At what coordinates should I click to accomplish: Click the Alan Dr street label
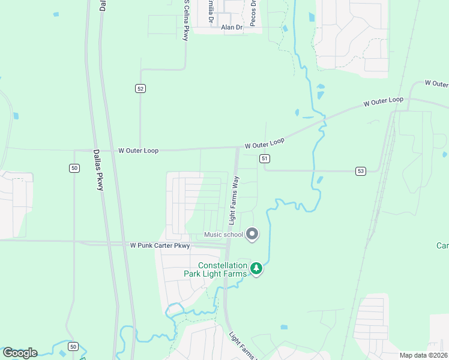(232, 28)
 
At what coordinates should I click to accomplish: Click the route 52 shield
(140, 88)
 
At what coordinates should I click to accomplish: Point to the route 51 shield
(265, 158)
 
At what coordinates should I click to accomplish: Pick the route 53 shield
(360, 171)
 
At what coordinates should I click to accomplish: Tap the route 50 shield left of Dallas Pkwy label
(74, 168)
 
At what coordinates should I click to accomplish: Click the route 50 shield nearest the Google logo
(73, 347)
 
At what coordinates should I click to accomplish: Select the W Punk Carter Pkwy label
(160, 245)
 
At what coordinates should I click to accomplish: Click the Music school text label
(223, 235)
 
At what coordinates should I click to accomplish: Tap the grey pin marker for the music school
(252, 234)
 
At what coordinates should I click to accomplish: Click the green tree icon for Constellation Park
(256, 268)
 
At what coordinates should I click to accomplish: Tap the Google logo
(19, 353)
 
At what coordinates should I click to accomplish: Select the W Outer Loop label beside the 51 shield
(264, 143)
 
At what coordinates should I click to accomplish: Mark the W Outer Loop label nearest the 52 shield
(138, 151)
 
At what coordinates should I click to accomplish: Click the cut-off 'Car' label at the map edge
(442, 246)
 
